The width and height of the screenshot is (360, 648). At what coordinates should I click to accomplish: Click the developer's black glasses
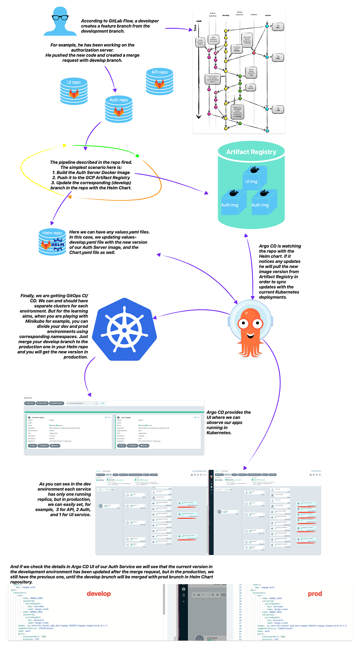coord(60,17)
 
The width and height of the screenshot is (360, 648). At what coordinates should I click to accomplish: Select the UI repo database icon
coord(74,91)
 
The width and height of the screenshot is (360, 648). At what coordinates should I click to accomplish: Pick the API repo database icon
coord(160,81)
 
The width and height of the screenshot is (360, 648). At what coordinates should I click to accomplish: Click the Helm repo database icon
coord(52,242)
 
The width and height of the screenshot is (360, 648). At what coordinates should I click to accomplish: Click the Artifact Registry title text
coord(251,152)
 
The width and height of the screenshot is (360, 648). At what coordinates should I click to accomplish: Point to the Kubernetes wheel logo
coord(124,329)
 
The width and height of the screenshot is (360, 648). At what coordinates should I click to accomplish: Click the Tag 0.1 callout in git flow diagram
coord(278,27)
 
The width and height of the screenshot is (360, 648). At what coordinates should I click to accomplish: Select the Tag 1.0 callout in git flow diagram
coord(278,109)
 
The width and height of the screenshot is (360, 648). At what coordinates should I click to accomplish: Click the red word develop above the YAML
coord(99,594)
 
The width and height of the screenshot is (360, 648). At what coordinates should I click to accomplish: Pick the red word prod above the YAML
coord(315,594)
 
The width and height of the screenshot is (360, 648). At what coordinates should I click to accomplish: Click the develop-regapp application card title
coord(38,417)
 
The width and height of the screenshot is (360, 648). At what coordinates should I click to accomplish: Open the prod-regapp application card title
coord(126,417)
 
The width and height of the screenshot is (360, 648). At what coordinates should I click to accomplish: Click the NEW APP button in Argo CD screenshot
coord(30,403)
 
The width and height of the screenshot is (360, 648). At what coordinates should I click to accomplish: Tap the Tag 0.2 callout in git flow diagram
coord(278,57)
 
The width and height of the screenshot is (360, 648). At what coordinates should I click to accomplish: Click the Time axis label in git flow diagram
coord(195,28)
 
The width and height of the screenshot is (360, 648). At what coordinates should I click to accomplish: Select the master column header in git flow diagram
coord(268,15)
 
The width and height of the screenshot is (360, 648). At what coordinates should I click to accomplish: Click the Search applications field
coord(82,403)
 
